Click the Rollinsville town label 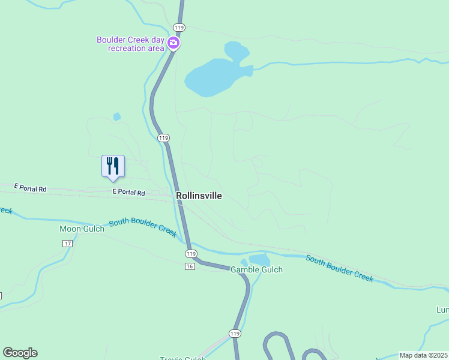click(199, 196)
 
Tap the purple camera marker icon click(173, 42)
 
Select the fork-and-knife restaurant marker click(113, 166)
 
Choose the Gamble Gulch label click(256, 269)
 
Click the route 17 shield click(67, 243)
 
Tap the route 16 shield click(190, 266)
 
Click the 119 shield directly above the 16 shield click(190, 255)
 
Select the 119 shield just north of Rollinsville click(164, 138)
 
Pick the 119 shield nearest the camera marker click(179, 28)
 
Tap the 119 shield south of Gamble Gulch click(235, 333)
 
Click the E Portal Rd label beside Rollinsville click(129, 193)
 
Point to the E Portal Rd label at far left click(30, 188)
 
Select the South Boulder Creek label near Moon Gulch click(143, 226)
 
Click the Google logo click(20, 353)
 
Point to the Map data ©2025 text click(423, 355)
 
